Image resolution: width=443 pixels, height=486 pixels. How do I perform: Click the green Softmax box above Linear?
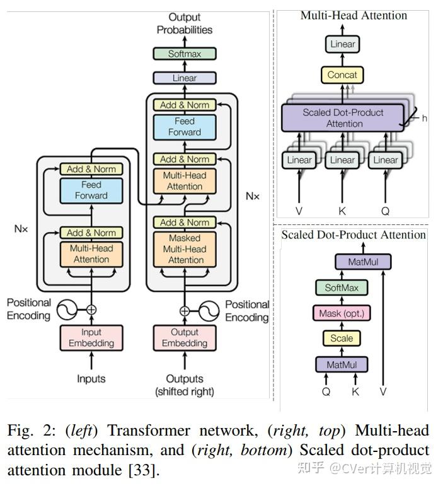(x=185, y=54)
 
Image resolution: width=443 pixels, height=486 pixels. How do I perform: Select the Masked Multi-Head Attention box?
(x=185, y=249)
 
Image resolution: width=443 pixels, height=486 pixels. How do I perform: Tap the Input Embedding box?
(x=91, y=338)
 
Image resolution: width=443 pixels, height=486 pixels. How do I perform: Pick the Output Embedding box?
(x=185, y=338)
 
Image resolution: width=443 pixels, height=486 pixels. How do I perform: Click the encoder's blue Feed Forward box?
(x=91, y=190)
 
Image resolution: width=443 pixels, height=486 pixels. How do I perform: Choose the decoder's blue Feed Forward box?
(x=185, y=127)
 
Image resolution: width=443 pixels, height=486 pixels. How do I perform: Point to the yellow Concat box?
(x=342, y=75)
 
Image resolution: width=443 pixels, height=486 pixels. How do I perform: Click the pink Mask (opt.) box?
(x=342, y=313)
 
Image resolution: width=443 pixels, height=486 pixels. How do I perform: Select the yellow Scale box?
(x=342, y=338)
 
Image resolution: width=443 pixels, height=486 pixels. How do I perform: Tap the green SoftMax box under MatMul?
(x=342, y=287)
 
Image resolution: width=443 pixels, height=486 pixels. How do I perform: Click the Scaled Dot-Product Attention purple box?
(x=343, y=118)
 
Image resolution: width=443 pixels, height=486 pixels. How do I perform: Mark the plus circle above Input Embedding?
(x=91, y=310)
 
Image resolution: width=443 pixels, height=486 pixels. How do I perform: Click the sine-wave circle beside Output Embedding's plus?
(x=209, y=311)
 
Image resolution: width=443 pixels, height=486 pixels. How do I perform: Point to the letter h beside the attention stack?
(x=425, y=119)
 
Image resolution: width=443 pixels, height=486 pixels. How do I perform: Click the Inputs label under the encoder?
(x=91, y=378)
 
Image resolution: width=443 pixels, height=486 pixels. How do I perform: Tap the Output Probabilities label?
(x=185, y=23)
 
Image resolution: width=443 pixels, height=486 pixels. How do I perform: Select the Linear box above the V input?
(x=299, y=160)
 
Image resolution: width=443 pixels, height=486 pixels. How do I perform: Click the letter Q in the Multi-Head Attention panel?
(x=386, y=211)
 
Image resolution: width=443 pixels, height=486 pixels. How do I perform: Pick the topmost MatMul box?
(x=363, y=262)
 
